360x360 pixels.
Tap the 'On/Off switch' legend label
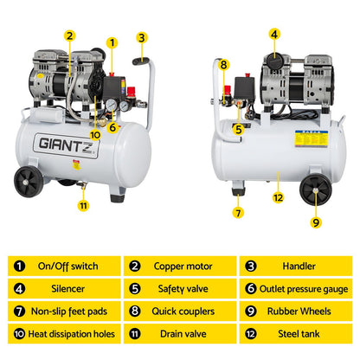[x=68, y=266]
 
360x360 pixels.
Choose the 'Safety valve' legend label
[x=182, y=288]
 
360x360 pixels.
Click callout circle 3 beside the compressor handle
[x=141, y=37]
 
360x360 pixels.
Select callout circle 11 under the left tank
[x=82, y=205]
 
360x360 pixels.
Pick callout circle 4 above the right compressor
[x=273, y=35]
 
